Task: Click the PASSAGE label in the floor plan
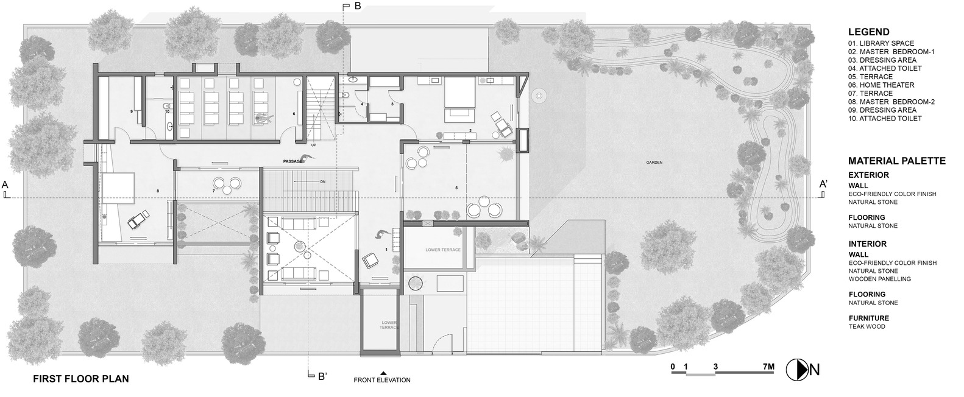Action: tap(292, 161)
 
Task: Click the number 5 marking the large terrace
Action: tap(456, 188)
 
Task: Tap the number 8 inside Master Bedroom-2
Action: tap(158, 192)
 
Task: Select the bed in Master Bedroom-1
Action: tap(459, 101)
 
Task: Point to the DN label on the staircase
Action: tap(323, 182)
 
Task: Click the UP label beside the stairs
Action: tap(314, 146)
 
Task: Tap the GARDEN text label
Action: tap(655, 163)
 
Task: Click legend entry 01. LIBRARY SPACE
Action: tap(881, 43)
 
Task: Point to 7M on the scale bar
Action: tap(768, 367)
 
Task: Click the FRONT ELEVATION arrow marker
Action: tap(383, 373)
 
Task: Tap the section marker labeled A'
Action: tap(823, 184)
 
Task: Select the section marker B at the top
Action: tap(358, 6)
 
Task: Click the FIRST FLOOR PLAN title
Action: tap(81, 379)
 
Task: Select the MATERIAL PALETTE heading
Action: tap(896, 161)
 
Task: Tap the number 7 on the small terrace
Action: tap(213, 191)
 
